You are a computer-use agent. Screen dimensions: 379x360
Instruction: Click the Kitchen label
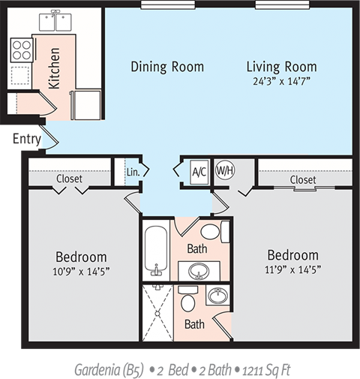click(x=55, y=68)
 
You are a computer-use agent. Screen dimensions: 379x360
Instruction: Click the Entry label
click(x=25, y=139)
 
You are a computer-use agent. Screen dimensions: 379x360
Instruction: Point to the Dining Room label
click(x=166, y=67)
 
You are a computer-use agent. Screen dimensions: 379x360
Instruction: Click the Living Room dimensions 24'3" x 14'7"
click(x=281, y=81)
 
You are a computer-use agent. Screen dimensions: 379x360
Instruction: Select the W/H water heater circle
click(x=225, y=170)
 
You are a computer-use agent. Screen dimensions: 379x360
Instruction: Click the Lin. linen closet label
click(x=132, y=171)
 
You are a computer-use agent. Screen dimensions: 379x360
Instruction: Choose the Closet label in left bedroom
click(x=69, y=179)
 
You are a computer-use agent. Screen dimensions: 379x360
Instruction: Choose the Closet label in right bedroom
click(x=302, y=180)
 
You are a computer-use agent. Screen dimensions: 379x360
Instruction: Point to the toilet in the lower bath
click(x=188, y=299)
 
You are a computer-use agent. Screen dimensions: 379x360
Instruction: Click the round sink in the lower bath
click(x=217, y=298)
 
